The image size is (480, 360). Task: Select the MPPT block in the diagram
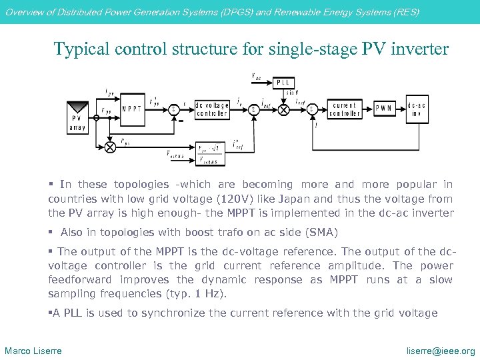click(x=131, y=109)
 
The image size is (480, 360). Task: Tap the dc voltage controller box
click(x=211, y=109)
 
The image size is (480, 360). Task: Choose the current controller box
click(x=345, y=109)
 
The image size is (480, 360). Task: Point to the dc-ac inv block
click(x=417, y=109)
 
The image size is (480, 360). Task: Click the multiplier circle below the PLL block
click(x=284, y=109)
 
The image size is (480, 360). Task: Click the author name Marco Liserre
click(x=33, y=351)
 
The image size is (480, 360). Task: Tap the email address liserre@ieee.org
click(x=441, y=351)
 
